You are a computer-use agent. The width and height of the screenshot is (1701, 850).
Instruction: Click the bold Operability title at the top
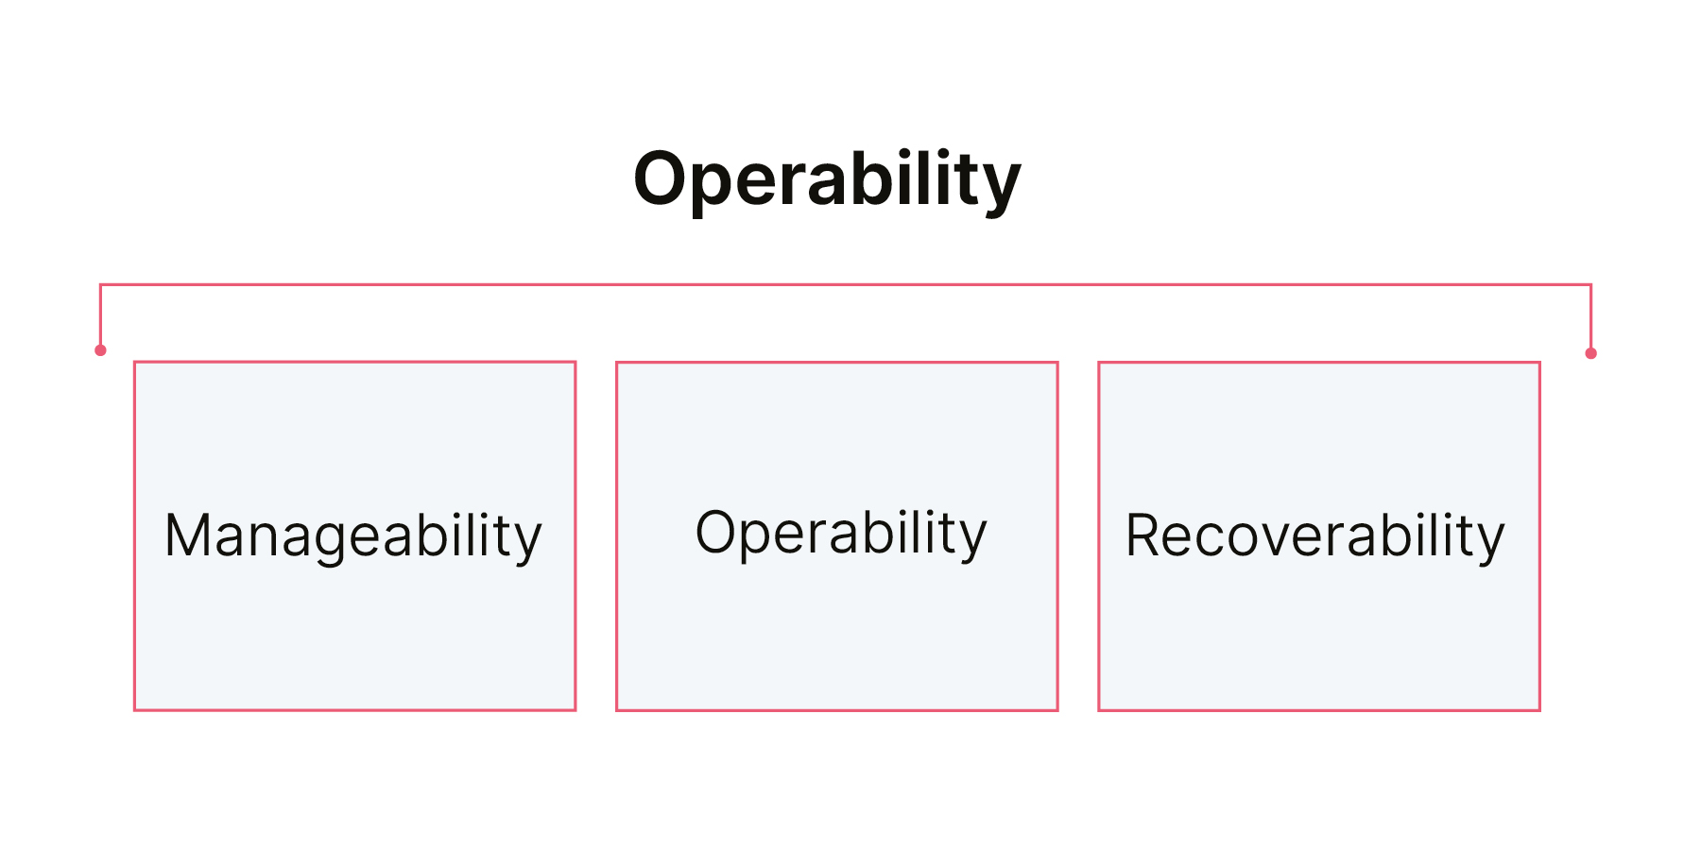(827, 179)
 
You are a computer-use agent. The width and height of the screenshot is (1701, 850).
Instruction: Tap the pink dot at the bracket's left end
(100, 350)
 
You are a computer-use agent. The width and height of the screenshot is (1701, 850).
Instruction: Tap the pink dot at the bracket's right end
(1590, 353)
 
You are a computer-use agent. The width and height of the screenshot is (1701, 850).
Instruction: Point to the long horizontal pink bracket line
(846, 284)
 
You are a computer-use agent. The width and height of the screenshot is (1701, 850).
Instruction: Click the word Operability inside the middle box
(841, 534)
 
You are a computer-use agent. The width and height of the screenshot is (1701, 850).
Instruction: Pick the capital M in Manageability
(185, 535)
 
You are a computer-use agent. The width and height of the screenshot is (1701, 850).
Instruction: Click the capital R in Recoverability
(1144, 535)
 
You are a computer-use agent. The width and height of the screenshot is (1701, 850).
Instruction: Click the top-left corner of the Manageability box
(134, 361)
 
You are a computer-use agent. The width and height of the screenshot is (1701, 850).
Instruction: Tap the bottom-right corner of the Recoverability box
(1540, 710)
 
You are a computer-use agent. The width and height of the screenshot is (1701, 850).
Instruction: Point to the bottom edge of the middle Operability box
(837, 710)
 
